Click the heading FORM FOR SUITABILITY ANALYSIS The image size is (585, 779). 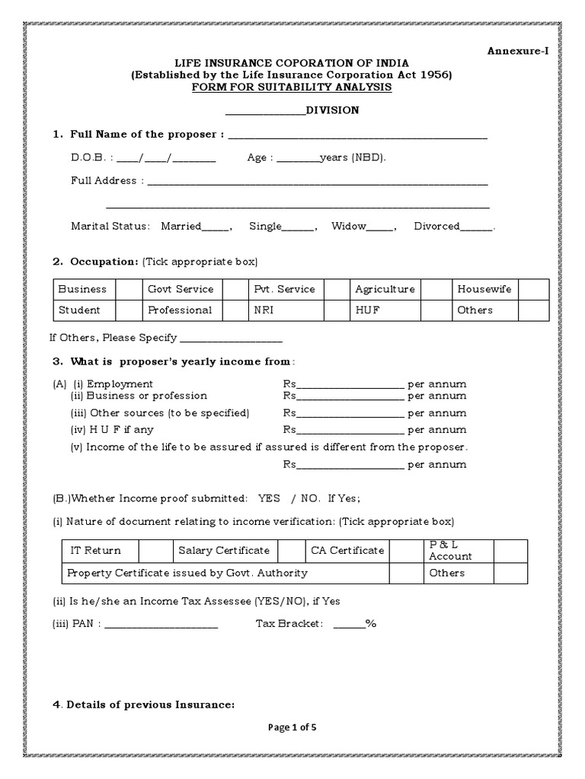[292, 87]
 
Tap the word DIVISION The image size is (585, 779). [332, 110]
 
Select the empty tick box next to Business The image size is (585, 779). [129, 289]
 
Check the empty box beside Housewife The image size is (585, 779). [533, 289]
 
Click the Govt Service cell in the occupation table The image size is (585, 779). [181, 289]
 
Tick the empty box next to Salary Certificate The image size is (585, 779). [289, 550]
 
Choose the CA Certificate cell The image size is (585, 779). [347, 550]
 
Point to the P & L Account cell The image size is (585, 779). [450, 551]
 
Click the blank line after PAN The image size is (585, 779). [161, 625]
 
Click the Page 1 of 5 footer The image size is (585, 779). [292, 727]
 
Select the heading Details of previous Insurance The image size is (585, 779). [150, 705]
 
